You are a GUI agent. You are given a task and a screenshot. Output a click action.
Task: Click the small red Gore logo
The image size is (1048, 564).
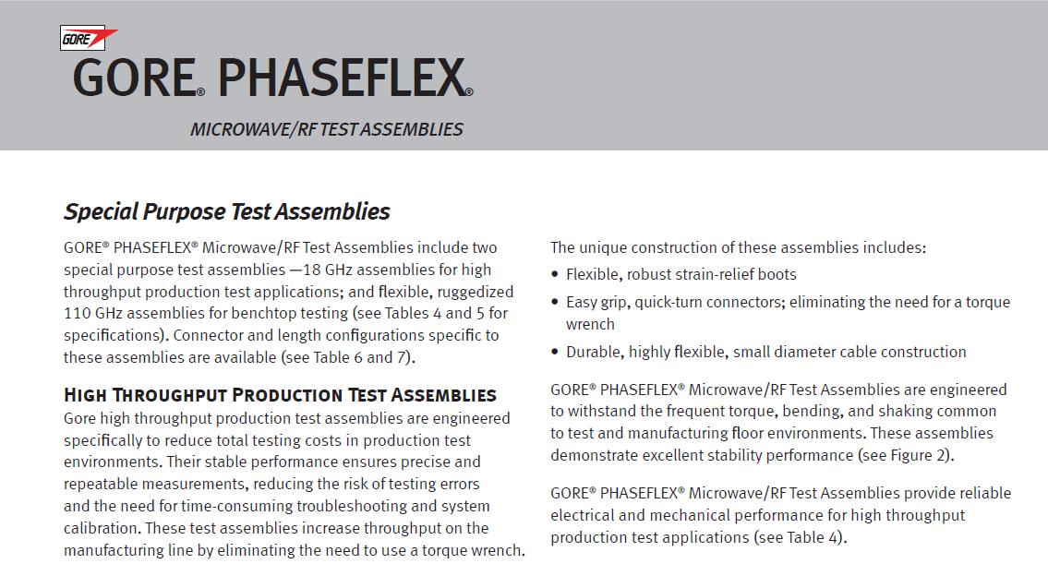pos(88,40)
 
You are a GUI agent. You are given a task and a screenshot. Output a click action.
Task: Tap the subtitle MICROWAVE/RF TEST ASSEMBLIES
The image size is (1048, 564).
pos(326,129)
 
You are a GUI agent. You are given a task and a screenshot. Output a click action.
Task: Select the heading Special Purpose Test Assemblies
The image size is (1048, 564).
pos(226,211)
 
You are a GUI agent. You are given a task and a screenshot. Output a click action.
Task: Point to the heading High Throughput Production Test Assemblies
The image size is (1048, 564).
pos(280,395)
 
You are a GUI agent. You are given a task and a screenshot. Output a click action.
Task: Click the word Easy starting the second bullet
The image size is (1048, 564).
pos(584,302)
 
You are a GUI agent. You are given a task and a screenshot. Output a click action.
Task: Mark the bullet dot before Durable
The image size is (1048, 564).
pos(555,352)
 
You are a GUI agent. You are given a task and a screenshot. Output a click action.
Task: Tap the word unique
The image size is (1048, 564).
pos(605,247)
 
